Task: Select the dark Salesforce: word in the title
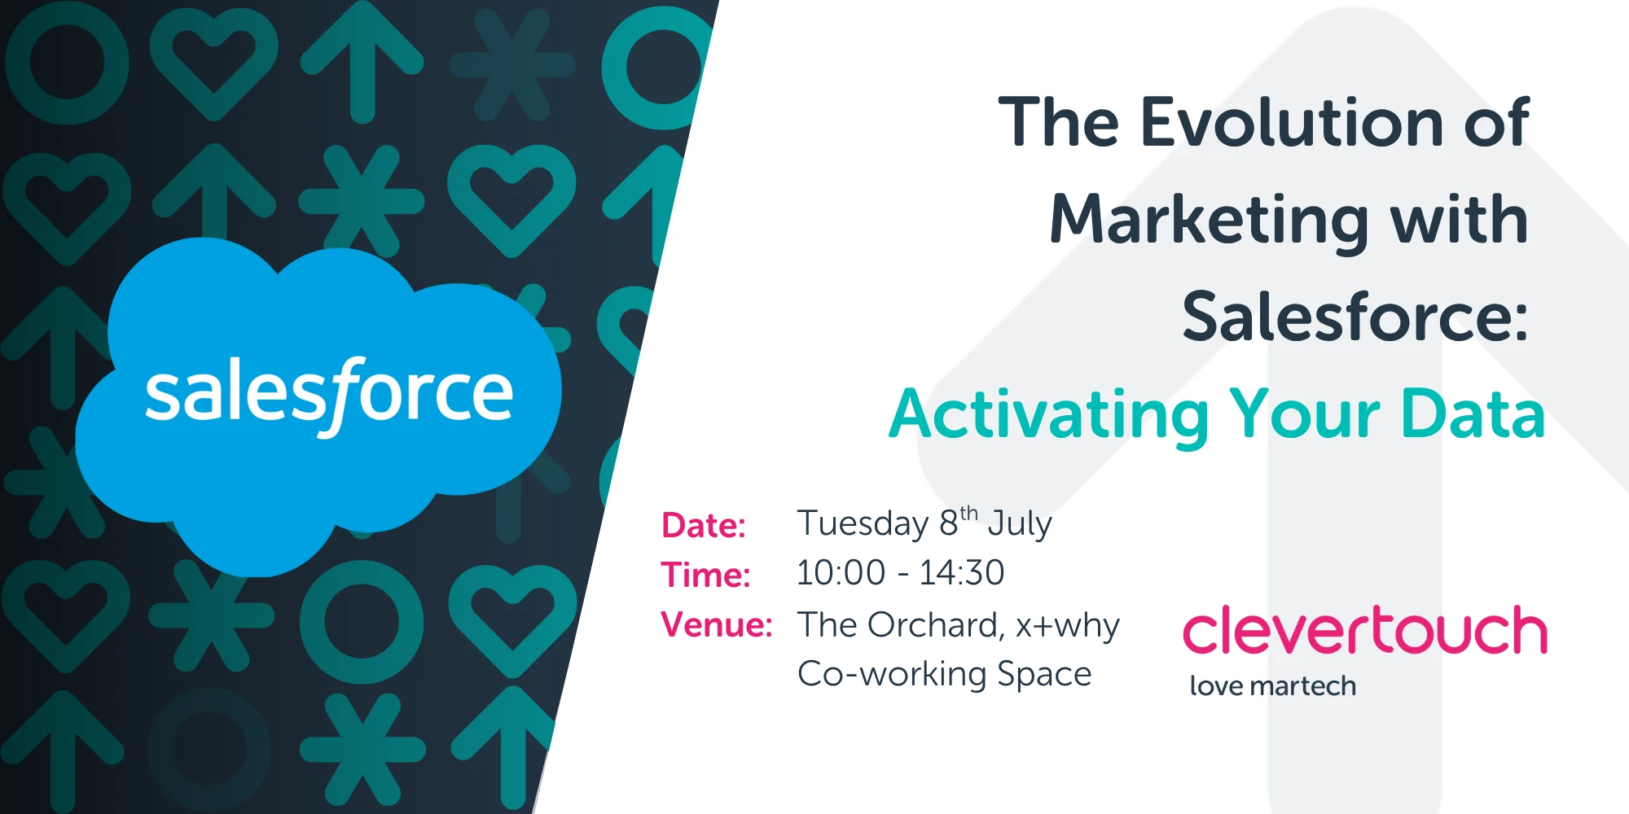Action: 1355,317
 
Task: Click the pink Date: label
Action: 704,526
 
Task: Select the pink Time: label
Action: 705,575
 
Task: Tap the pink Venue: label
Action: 717,625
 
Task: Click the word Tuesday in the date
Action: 863,523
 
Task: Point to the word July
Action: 1020,523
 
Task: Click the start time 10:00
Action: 841,573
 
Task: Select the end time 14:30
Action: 962,573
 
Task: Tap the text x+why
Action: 1067,625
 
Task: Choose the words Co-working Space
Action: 944,674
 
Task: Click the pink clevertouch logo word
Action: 1364,631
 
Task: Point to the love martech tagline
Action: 1272,686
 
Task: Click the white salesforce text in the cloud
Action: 328,393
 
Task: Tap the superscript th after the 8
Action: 968,514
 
